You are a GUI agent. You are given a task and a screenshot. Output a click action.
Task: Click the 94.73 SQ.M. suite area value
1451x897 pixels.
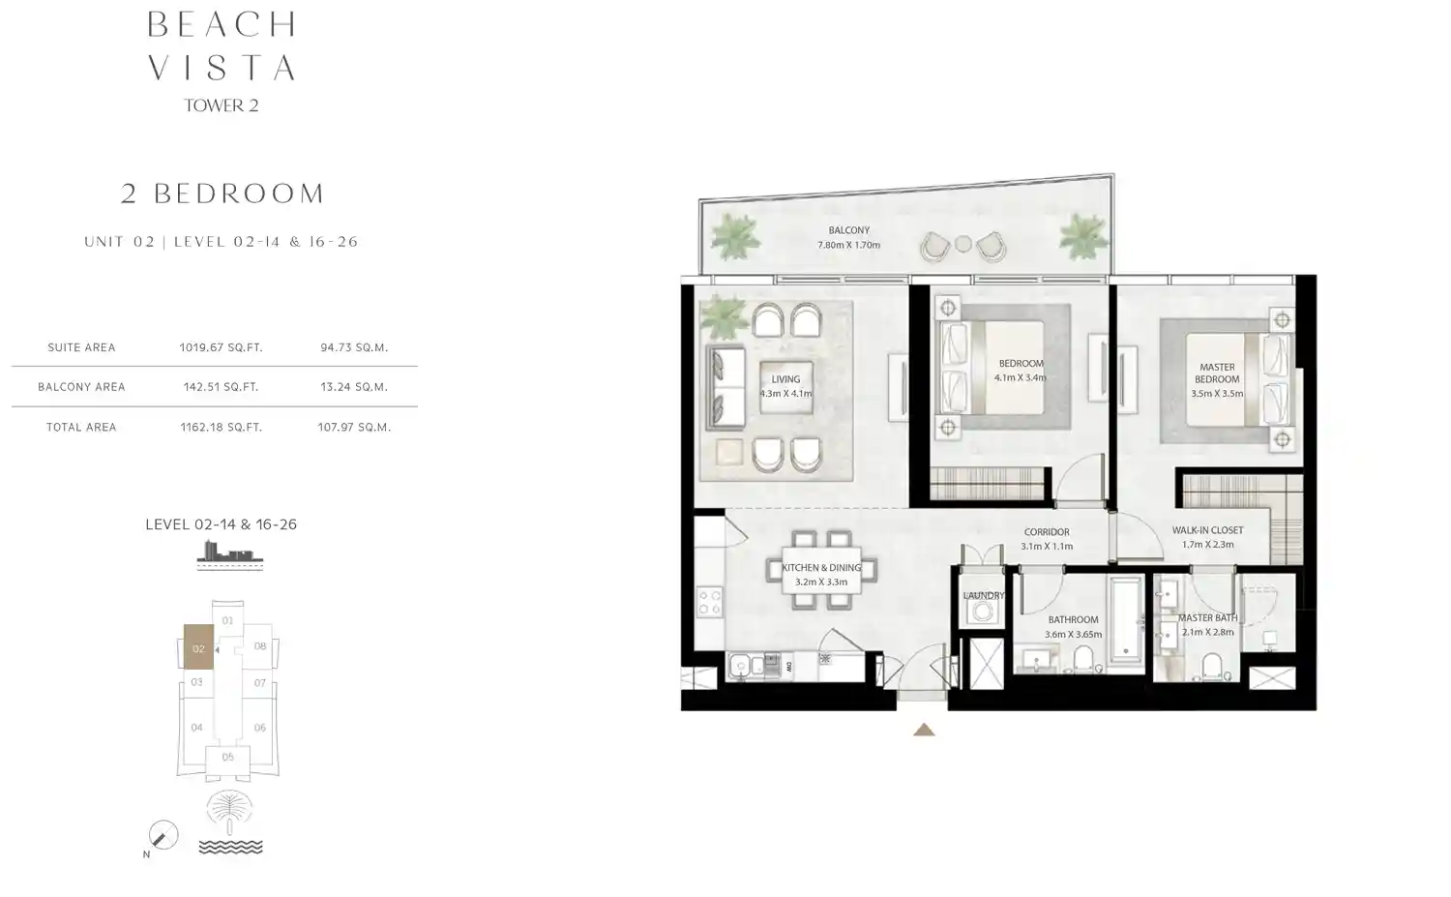click(354, 347)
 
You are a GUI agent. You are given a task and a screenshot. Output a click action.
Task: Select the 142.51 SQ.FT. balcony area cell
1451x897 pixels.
click(221, 387)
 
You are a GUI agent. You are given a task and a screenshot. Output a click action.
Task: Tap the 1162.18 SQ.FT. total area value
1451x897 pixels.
click(221, 427)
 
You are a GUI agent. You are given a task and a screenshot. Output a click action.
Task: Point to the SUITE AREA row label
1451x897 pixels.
click(81, 347)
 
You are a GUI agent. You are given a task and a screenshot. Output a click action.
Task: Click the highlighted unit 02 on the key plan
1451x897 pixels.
click(198, 648)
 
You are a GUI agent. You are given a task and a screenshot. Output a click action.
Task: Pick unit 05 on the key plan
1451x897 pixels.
click(227, 757)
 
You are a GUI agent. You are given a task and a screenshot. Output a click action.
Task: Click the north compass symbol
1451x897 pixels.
click(163, 834)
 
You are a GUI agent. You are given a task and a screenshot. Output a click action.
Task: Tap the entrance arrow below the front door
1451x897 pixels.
click(924, 730)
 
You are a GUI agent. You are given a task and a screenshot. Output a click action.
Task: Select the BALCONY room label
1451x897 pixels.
click(848, 230)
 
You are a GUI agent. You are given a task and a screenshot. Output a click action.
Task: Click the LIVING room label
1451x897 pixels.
click(785, 380)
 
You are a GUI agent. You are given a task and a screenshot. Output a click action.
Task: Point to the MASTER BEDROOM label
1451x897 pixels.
click(1217, 374)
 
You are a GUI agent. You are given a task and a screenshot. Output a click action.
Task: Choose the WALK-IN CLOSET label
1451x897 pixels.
click(1207, 530)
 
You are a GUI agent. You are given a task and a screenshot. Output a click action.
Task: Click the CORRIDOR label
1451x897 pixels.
click(1047, 532)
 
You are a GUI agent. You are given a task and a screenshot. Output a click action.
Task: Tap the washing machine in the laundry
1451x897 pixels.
click(984, 612)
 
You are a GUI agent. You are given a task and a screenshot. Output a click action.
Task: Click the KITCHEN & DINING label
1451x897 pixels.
click(821, 568)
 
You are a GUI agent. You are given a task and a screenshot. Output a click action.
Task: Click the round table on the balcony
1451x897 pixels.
click(963, 244)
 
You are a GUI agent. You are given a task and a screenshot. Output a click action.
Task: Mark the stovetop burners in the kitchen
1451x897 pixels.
click(709, 602)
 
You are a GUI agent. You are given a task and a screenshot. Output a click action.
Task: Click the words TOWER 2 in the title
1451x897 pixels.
click(222, 105)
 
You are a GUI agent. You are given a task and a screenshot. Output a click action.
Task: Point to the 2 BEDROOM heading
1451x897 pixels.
click(222, 194)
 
